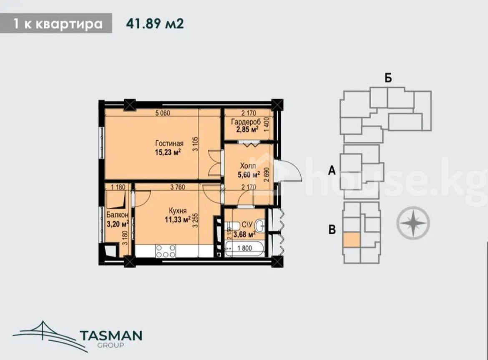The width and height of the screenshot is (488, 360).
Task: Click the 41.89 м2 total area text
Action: point(155,23)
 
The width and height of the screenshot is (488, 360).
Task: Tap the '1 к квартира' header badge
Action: point(56,23)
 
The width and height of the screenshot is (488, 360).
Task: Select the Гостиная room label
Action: point(169,143)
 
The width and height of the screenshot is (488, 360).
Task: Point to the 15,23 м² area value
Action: point(168,152)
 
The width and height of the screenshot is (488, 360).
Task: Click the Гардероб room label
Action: point(246,122)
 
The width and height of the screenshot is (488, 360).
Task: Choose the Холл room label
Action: point(248,166)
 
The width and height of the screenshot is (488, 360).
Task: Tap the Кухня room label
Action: point(178,211)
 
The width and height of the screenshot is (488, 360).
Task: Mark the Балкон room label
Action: point(117,215)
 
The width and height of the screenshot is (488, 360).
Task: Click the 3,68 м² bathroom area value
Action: point(244,234)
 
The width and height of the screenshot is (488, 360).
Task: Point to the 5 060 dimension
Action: point(163,113)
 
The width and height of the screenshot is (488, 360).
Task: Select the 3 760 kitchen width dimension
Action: point(177,187)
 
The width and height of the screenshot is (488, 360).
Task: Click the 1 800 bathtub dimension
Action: point(244,248)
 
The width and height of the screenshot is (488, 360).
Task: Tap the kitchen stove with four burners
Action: point(166,251)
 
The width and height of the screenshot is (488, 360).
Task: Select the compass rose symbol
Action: point(413,223)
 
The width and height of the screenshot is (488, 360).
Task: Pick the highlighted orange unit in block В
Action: point(351,239)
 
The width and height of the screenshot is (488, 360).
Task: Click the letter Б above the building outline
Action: point(388,78)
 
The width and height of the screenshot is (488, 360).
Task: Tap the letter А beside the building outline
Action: point(332,171)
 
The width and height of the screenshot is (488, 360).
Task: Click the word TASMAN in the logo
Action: point(111,335)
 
